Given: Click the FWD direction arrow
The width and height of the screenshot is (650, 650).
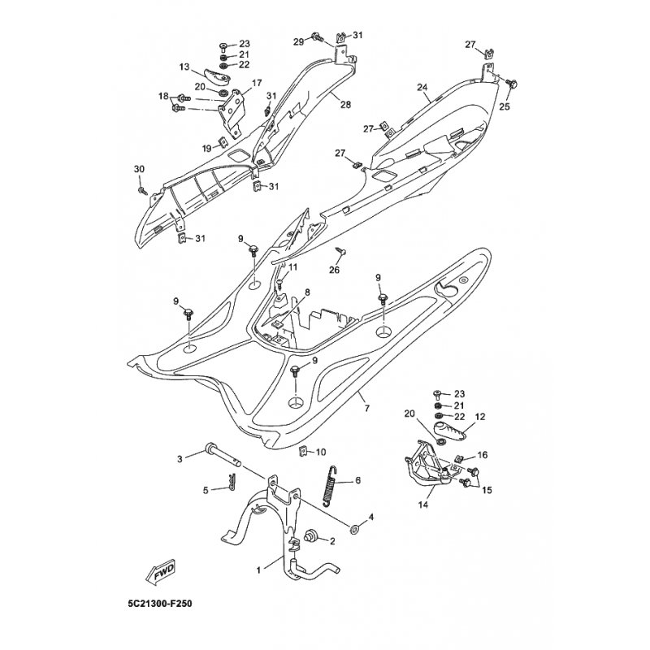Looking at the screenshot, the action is click(x=159, y=573).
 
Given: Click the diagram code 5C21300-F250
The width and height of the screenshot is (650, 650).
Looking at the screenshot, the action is click(x=160, y=603).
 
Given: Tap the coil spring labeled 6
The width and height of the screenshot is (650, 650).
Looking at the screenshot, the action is click(x=331, y=485).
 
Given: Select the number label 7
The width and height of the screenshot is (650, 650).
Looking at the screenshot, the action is click(x=367, y=409).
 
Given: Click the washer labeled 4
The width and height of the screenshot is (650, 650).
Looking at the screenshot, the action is click(x=355, y=530).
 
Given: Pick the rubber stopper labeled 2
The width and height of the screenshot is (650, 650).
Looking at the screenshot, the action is click(x=310, y=536).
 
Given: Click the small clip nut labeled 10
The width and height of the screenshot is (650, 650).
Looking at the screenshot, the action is click(x=303, y=451).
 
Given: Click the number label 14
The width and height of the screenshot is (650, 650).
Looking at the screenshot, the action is click(x=422, y=505).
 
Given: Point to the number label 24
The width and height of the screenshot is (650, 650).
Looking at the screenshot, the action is click(x=422, y=88).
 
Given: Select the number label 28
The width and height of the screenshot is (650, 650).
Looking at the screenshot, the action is click(x=345, y=105).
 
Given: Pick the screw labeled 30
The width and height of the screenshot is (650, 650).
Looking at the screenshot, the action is click(x=142, y=190).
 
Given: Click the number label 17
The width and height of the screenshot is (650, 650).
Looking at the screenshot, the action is click(x=257, y=83).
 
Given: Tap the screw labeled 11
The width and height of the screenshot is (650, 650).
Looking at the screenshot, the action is click(x=280, y=284).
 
